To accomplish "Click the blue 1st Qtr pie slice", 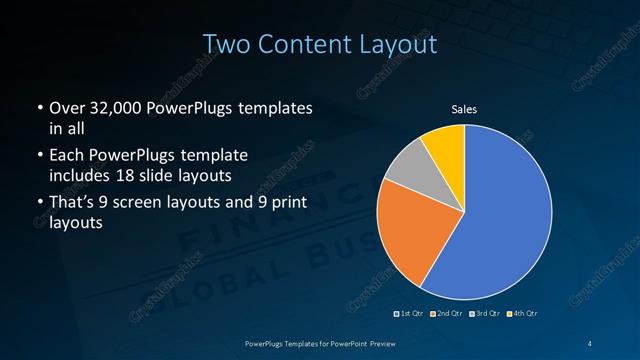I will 500,215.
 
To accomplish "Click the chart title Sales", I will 464,109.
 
